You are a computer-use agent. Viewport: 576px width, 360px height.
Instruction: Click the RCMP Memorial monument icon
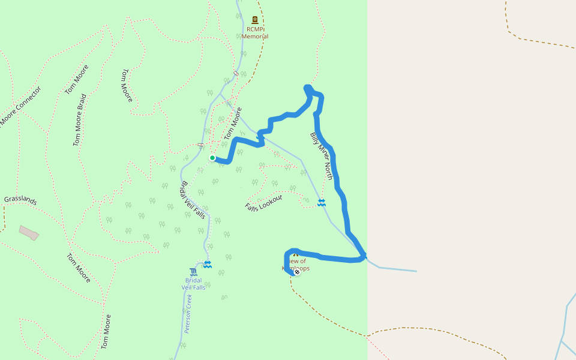point(255,20)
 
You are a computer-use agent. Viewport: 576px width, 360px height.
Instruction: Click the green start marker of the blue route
point(212,158)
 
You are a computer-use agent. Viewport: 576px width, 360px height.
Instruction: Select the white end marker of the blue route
point(296,272)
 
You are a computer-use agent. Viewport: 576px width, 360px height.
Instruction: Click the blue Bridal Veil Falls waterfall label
point(193,284)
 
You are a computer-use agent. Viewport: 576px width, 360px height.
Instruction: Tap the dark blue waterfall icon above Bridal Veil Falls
point(193,271)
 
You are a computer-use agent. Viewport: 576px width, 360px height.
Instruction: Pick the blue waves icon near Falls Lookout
point(322,203)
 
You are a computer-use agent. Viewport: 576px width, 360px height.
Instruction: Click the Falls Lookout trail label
point(263,202)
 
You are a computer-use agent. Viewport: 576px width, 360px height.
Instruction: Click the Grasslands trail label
point(20,200)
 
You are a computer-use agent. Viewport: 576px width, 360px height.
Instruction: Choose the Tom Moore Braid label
point(80,120)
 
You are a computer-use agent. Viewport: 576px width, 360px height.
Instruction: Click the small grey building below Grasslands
point(29,232)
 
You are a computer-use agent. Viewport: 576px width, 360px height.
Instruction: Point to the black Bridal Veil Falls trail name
point(193,200)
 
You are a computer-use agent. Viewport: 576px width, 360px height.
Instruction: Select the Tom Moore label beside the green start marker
point(233,124)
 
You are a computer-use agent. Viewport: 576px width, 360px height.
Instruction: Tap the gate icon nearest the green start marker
point(200,146)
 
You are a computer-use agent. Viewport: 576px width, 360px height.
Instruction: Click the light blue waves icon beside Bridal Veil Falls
point(208,264)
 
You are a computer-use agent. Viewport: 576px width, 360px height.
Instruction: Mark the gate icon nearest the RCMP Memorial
point(236,74)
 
